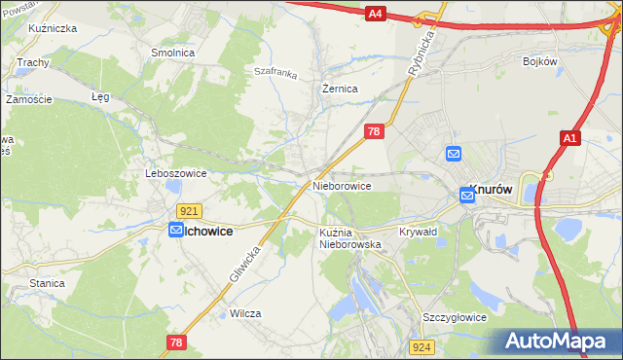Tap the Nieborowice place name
click(342, 185)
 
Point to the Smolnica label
click(171, 53)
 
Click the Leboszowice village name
click(176, 173)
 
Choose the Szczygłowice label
click(454, 318)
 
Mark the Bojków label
click(539, 60)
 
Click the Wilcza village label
click(246, 313)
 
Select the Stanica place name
click(47, 283)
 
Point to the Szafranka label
click(275, 71)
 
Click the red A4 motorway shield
click(377, 13)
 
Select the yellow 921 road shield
click(190, 211)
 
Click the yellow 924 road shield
click(421, 346)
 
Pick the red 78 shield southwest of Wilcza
click(176, 342)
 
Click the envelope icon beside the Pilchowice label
click(176, 231)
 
